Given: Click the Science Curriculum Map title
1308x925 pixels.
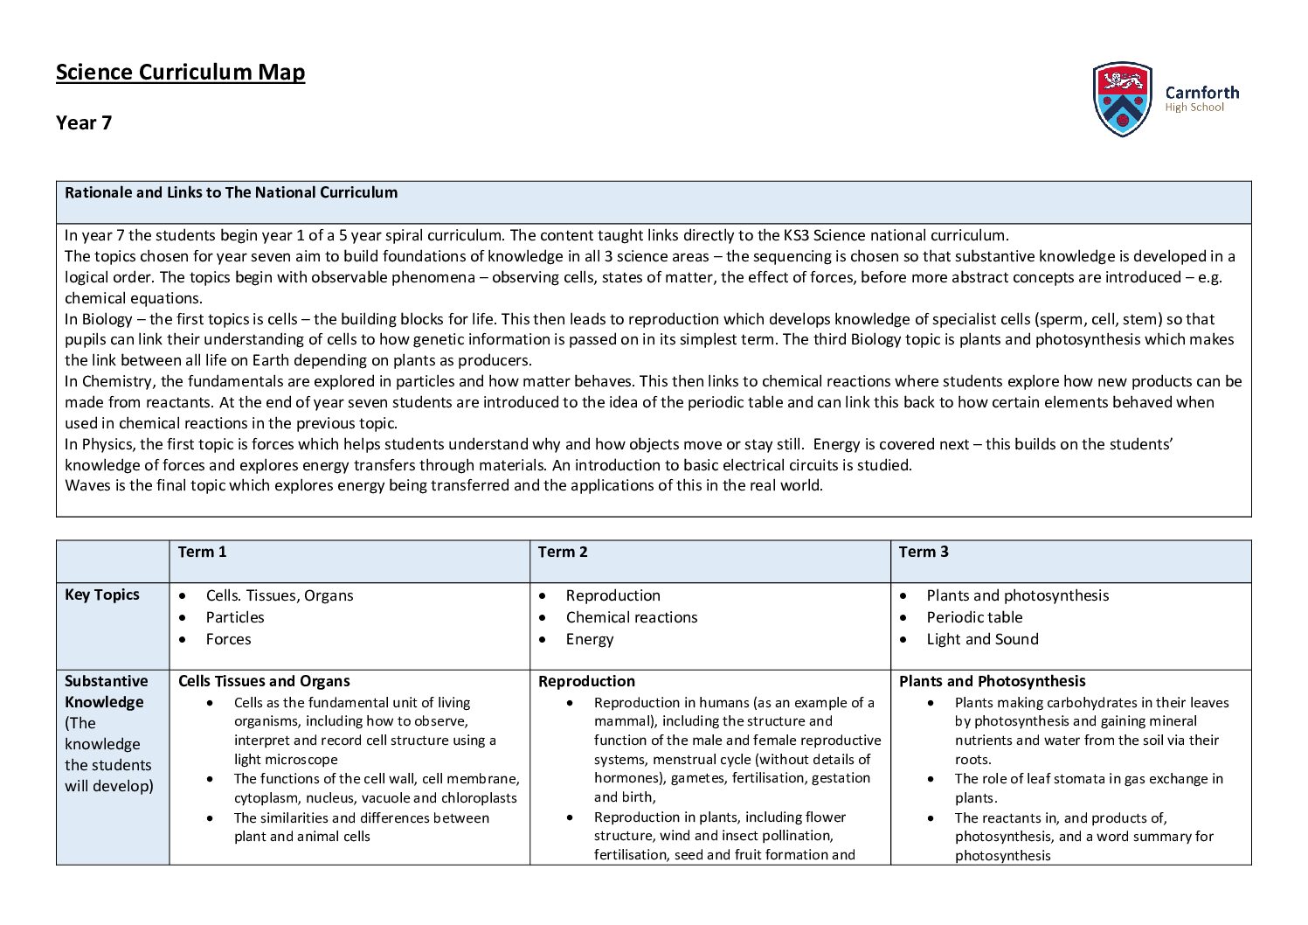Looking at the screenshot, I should pos(180,72).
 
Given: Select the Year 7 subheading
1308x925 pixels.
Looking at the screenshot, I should pos(84,122).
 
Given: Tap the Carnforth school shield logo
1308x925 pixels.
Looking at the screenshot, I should pos(1122,99).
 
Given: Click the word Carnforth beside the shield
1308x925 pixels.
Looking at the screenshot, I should pos(1201,92).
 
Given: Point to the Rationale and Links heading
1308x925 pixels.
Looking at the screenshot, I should pos(231,192).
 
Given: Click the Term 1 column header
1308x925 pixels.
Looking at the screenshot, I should pos(202,552).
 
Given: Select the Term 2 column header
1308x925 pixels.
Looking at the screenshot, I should pos(563,552).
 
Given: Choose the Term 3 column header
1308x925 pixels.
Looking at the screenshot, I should pos(924,552).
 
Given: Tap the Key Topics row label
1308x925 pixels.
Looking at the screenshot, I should pos(102,595).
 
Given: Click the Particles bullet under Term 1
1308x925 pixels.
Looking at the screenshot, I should pos(235,617).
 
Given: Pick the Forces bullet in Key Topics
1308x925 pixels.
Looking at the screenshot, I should pos(228,639).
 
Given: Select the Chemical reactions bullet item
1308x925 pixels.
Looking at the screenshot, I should pos(632,617).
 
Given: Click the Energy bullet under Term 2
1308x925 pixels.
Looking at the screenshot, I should pos(590,639).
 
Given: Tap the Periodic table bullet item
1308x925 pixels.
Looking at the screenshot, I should pos(974,617).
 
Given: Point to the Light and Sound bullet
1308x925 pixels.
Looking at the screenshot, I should pos(982,639).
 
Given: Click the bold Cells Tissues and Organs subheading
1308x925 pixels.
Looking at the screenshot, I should pos(264,681).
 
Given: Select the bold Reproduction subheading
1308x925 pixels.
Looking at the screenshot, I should pos(586,681).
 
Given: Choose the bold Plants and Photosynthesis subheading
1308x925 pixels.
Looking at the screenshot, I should pos(992,681).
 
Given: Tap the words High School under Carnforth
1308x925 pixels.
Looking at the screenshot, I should pos(1194,108).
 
